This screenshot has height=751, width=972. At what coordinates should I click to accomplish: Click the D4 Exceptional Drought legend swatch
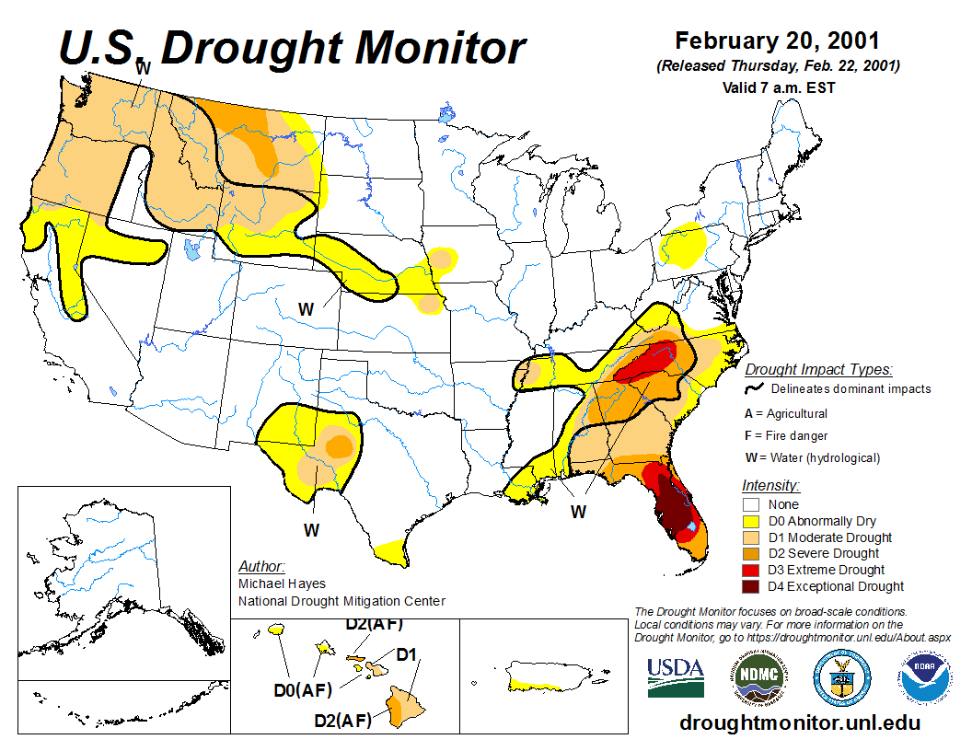[x=751, y=586]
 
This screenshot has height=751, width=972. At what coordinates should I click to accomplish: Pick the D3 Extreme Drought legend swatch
[x=751, y=570]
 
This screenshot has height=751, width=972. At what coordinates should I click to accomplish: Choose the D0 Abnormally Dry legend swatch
[x=751, y=521]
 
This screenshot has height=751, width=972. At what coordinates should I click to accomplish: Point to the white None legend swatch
[x=751, y=504]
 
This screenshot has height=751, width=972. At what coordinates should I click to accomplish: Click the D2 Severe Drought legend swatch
[x=751, y=553]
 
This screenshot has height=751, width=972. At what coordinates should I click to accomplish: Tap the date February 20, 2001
[x=777, y=41]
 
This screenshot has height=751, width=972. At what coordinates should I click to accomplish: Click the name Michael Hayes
[x=282, y=583]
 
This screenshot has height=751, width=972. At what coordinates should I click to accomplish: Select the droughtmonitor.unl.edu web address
[x=799, y=722]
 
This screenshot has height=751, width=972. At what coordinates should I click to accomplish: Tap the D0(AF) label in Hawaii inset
[x=304, y=689]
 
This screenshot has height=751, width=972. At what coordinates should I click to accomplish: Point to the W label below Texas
[x=312, y=530]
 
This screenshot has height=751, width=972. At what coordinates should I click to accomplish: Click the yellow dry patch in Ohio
[x=684, y=245]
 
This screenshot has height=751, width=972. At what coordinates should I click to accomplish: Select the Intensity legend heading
[x=770, y=485]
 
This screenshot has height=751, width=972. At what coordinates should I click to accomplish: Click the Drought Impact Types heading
[x=818, y=370]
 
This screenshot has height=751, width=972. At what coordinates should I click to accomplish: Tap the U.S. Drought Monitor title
[x=293, y=48]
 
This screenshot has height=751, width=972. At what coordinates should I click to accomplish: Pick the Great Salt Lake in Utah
[x=191, y=248]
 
